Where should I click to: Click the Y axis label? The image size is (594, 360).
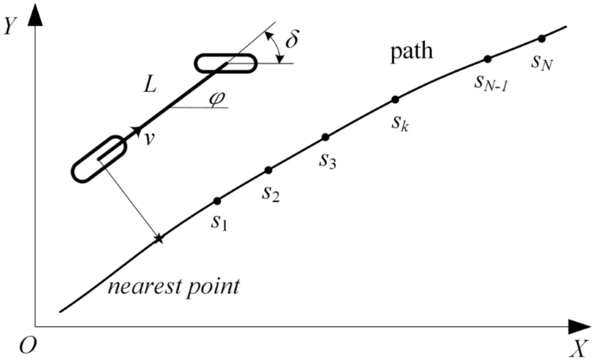[x=10, y=26]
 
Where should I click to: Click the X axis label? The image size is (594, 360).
[x=578, y=349]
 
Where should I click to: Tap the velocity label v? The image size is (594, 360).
[x=150, y=137]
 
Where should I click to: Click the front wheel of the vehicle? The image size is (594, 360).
[x=225, y=63]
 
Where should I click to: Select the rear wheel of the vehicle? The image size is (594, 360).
[x=100, y=158]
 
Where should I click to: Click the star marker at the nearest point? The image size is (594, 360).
[x=158, y=238]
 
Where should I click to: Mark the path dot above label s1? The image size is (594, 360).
[x=217, y=200]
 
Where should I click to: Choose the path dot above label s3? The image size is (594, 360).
[x=325, y=137]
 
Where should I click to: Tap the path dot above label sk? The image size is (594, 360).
[x=395, y=99]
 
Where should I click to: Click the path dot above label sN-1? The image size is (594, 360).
[x=487, y=59]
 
